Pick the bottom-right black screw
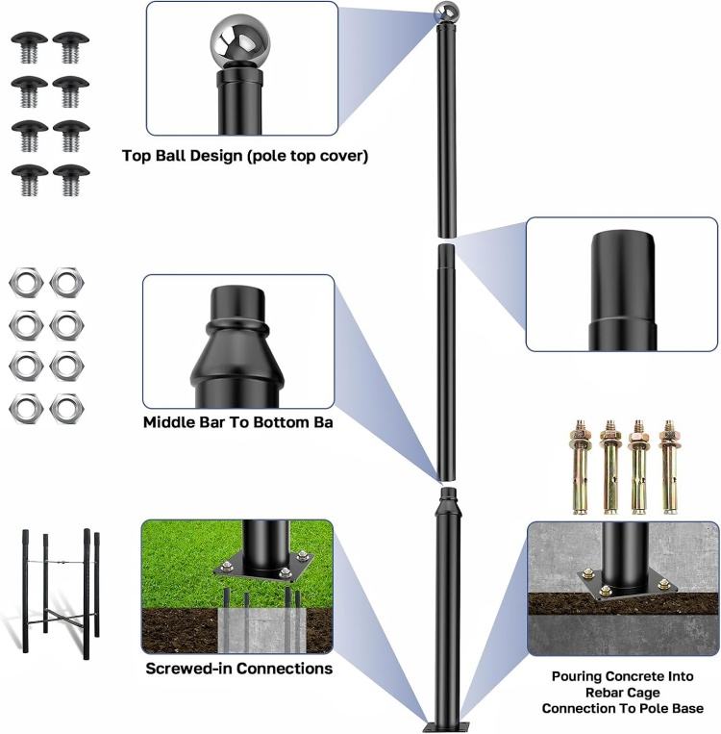[x=68, y=179]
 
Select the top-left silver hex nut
[x=24, y=282]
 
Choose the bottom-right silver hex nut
[x=65, y=408]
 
